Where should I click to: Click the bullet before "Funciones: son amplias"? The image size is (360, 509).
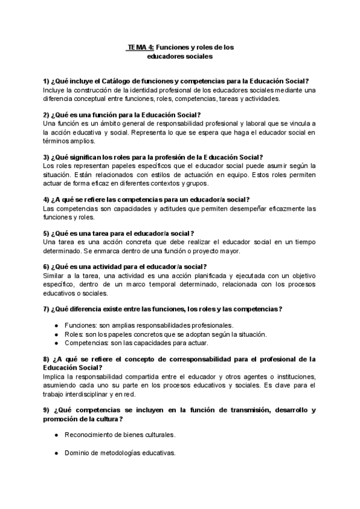(56, 325)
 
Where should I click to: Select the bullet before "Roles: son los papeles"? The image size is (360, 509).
(56, 334)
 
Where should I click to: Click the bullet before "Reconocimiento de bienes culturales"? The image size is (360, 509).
(56, 435)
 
